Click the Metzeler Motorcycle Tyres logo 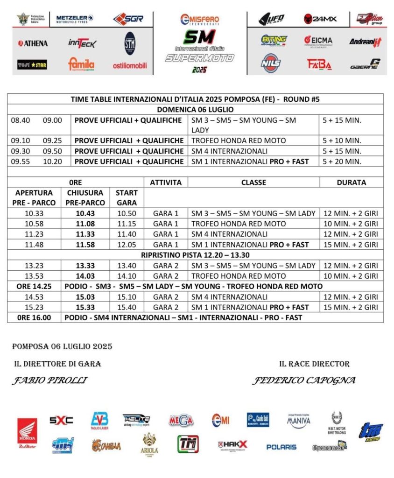[x=75, y=18]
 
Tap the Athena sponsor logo [x=33, y=43]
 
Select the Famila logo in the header [x=81, y=64]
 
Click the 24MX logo [x=320, y=19]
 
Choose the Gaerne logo [x=366, y=64]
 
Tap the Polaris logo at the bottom [x=281, y=447]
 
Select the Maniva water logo [x=299, y=420]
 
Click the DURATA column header [x=351, y=182]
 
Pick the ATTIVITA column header [x=166, y=182]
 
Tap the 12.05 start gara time [x=127, y=245]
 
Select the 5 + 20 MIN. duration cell [x=342, y=162]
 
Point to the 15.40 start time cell [x=127, y=307]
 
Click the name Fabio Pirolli [x=50, y=380]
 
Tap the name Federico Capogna [x=304, y=380]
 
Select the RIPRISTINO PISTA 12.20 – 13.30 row [x=196, y=255]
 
